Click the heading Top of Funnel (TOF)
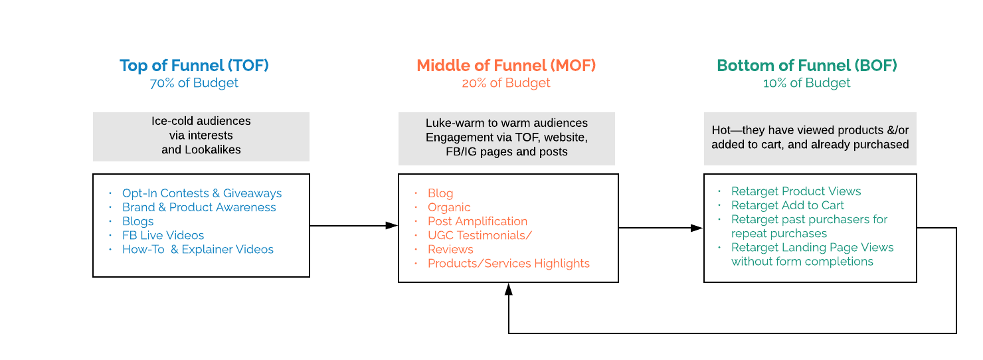pos(194,66)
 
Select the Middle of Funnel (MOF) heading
pos(506,66)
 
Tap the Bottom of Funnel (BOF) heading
pos(806,66)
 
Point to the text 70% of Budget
pos(194,83)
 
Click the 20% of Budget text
pos(506,83)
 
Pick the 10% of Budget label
pos(806,83)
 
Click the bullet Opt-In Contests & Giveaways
pos(202,193)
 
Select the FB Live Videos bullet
pos(163,235)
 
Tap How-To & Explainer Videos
pos(197,249)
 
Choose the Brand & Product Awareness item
pos(199,207)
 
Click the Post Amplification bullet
pos(478,221)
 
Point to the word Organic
pos(449,207)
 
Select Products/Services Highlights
pos(509,264)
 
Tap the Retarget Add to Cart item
pos(787,205)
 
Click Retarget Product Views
pos(796,191)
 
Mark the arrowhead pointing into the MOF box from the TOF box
pos(391,226)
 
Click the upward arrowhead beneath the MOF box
pos(509,289)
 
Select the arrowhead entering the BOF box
pos(697,228)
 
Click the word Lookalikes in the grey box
pos(213,149)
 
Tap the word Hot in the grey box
pos(721,130)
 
